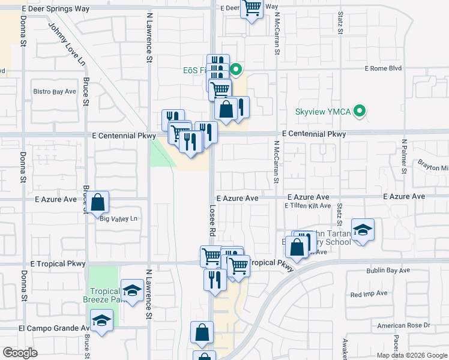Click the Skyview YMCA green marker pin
click(360, 111)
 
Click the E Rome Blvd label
click(382, 68)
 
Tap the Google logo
click(20, 353)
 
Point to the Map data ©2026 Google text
click(412, 355)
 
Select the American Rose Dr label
click(404, 325)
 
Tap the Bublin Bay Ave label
click(388, 271)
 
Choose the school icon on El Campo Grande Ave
click(102, 321)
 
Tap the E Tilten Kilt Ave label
click(307, 206)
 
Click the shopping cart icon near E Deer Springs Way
click(252, 9)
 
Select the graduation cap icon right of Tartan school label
click(363, 230)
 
